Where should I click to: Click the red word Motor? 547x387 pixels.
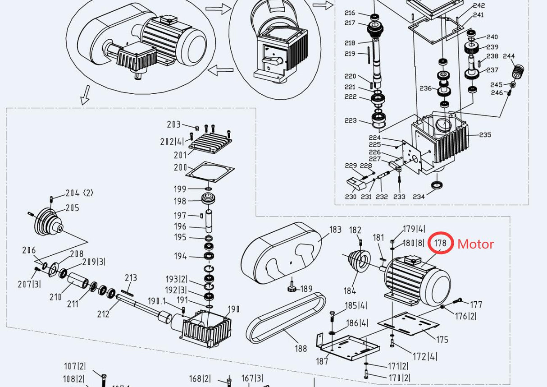coord(475,244)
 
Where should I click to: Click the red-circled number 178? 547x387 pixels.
coord(440,244)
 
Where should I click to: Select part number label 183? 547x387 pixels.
coord(335,230)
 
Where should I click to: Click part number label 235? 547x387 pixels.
coord(485,135)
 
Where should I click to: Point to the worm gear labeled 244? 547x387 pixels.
coord(520,71)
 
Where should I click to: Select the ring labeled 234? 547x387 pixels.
coord(437,185)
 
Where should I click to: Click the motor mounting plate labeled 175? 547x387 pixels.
coord(408,323)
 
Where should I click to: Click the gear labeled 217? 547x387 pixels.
coord(374,31)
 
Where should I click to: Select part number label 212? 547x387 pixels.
coord(103,313)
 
